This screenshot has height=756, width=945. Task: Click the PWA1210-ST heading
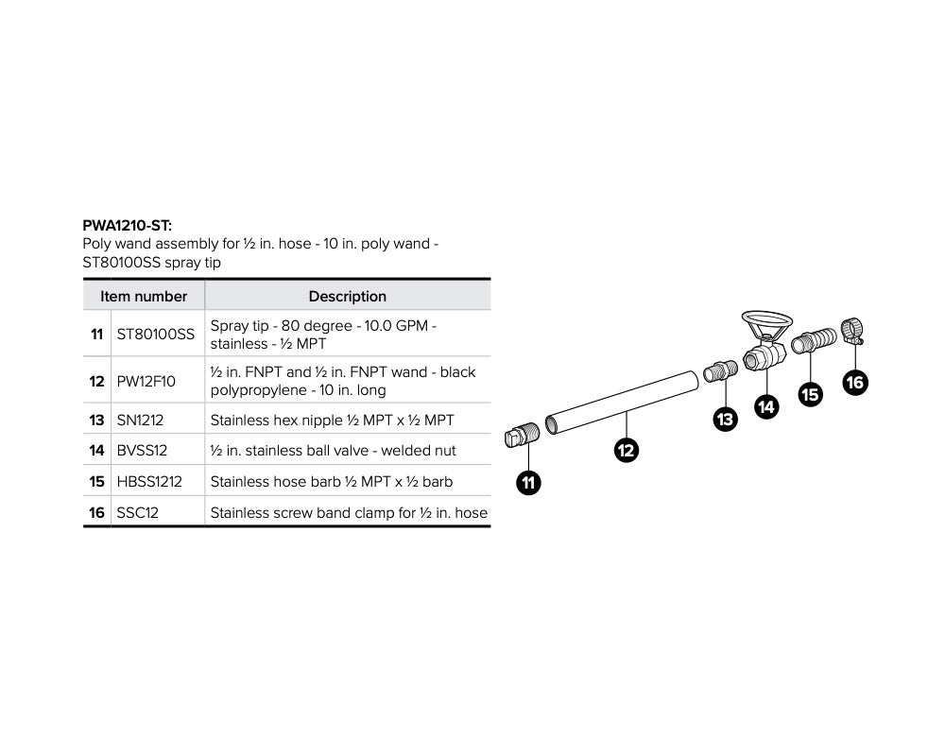coord(128,227)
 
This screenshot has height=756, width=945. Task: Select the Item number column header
coord(144,296)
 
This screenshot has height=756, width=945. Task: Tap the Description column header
coord(347,296)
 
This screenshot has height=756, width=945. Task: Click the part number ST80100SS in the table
coord(155,335)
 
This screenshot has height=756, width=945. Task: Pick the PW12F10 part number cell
coord(146,381)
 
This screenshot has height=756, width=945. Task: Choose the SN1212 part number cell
coord(140,420)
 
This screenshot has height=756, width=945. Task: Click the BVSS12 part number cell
coord(142,451)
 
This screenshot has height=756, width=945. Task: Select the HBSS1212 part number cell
coord(149,482)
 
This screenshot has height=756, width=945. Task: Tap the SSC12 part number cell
coord(136,513)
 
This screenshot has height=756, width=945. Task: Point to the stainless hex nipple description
coord(332,420)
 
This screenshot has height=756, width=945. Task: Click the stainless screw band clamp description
coord(349,513)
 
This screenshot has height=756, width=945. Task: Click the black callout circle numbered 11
coord(529,484)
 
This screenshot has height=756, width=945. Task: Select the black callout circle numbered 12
coord(626,451)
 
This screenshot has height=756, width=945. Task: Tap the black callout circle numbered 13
coord(725,420)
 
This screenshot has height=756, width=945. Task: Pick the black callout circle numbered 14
coord(766,407)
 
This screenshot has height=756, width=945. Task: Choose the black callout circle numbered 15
coord(810,395)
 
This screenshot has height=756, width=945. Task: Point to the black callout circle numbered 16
coord(854,382)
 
